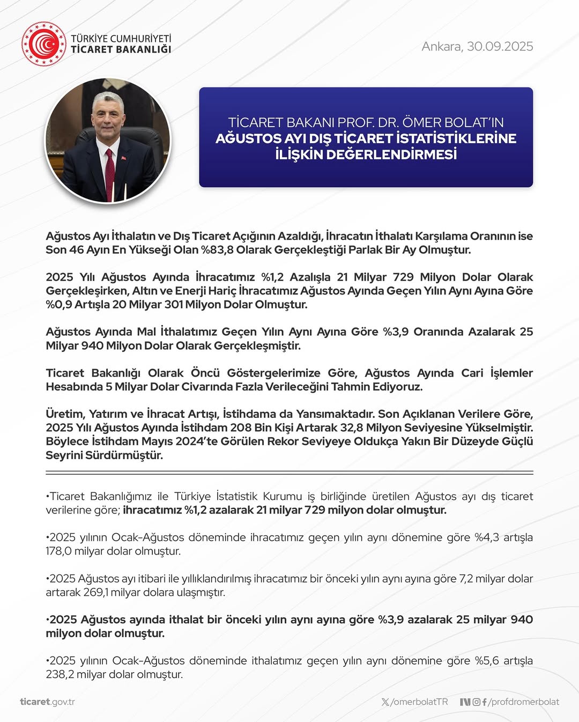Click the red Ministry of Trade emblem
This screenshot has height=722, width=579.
pyautogui.click(x=43, y=44)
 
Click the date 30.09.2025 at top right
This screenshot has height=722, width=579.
pyautogui.click(x=500, y=47)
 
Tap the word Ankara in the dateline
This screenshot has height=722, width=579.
pyautogui.click(x=441, y=47)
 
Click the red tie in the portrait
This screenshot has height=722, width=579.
pyautogui.click(x=110, y=172)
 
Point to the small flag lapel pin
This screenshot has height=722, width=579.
pyautogui.click(x=123, y=158)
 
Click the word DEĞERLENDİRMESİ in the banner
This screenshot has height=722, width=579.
pyautogui.click(x=391, y=154)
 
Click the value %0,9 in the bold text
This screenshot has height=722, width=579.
pyautogui.click(x=59, y=305)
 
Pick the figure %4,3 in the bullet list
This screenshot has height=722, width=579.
pyautogui.click(x=487, y=537)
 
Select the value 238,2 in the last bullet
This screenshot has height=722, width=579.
pyautogui.click(x=59, y=675)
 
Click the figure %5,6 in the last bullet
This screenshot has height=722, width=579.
pyautogui.click(x=487, y=661)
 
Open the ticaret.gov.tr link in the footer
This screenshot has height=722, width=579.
pyautogui.click(x=47, y=702)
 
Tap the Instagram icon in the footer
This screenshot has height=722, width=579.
pyautogui.click(x=476, y=702)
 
